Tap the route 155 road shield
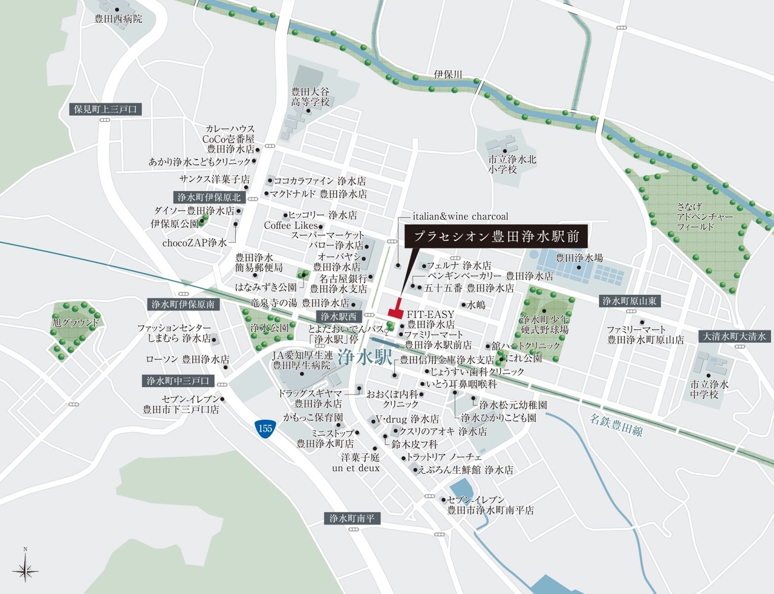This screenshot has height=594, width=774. pyautogui.click(x=264, y=428)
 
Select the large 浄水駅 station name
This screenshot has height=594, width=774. pyautogui.click(x=365, y=357)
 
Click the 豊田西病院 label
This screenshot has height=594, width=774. pyautogui.click(x=119, y=19)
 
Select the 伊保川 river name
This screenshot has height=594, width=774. pyautogui.click(x=448, y=74)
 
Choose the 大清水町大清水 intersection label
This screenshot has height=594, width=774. pyautogui.click(x=733, y=337)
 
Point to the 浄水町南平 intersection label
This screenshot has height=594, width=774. pyautogui.click(x=352, y=518)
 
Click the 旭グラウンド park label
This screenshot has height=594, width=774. pyautogui.click(x=75, y=323)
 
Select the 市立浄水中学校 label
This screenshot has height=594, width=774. pyautogui.click(x=709, y=389)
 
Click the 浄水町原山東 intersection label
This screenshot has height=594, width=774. pyautogui.click(x=630, y=301)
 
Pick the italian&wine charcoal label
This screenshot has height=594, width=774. pyautogui.click(x=460, y=216)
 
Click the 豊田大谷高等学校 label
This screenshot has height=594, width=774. pyautogui.click(x=310, y=97)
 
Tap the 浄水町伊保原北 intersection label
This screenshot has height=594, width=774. pyautogui.click(x=209, y=197)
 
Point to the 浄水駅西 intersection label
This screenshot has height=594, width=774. pyautogui.click(x=338, y=316)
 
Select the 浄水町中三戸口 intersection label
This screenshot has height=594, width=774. pyautogui.click(x=178, y=381)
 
